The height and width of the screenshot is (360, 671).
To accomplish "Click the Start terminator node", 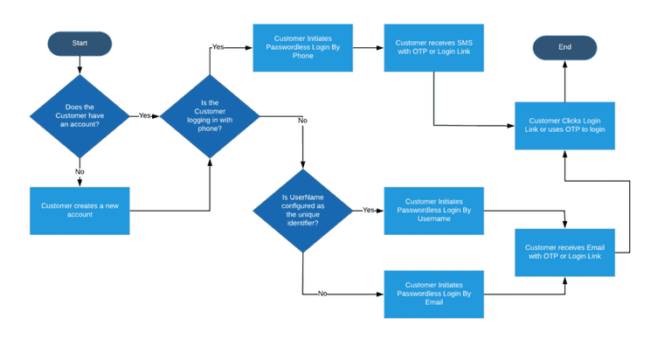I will tap(80, 42).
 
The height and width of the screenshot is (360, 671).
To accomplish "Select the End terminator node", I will tap(564, 47).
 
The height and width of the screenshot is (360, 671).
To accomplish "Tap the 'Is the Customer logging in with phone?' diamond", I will tap(210, 116).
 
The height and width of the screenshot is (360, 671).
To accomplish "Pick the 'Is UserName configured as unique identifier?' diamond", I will tap(302, 210).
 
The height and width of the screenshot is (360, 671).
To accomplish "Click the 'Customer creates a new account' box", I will tap(80, 211).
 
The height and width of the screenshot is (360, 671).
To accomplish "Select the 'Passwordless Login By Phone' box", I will tap(302, 47).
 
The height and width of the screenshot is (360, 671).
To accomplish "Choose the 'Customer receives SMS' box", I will tap(434, 47).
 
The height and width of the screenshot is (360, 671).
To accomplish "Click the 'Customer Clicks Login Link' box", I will tap(564, 125).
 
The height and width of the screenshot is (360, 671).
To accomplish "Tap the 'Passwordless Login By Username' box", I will tap(434, 211).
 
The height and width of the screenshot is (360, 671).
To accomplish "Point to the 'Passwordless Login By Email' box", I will tap(434, 294).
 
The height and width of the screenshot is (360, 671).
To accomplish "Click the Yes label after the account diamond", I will tap(145, 115).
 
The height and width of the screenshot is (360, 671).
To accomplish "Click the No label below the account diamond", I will tap(80, 172).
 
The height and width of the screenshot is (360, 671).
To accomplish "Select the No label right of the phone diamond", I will tap(302, 121).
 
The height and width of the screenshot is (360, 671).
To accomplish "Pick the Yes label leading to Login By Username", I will tap(368, 211).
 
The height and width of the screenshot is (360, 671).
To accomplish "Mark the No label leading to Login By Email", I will tap(323, 294).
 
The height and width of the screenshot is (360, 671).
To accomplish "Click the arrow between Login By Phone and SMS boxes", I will tap(368, 47).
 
